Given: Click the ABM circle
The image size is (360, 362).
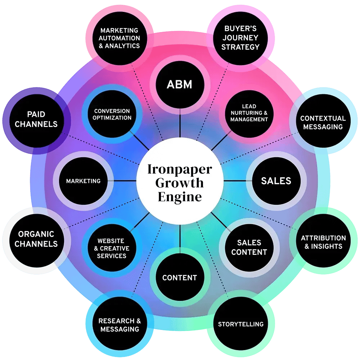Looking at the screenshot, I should (x=180, y=85).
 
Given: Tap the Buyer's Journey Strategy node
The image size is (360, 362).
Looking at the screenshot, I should (x=240, y=38).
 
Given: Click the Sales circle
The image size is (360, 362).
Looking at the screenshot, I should (x=276, y=181).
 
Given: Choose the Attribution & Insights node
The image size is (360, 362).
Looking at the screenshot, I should (x=323, y=242).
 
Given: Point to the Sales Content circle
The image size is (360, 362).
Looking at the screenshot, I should (x=249, y=247).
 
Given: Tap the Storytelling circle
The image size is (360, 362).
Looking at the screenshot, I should (x=240, y=324).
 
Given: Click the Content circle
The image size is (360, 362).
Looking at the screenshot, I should (x=180, y=277).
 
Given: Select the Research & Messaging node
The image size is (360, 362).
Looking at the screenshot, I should (x=120, y=325).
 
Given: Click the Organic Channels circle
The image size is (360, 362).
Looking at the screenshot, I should (x=36, y=239).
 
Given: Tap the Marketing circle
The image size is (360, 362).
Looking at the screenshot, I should (x=83, y=181).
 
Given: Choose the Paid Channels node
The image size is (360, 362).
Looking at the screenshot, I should (x=36, y=119).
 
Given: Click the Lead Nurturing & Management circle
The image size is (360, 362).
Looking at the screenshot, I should (x=249, y=113).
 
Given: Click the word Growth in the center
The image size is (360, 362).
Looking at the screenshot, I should (x=179, y=183).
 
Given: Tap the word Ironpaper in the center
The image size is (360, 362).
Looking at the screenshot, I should (x=179, y=169).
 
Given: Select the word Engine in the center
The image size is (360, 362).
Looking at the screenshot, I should (x=179, y=197).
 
